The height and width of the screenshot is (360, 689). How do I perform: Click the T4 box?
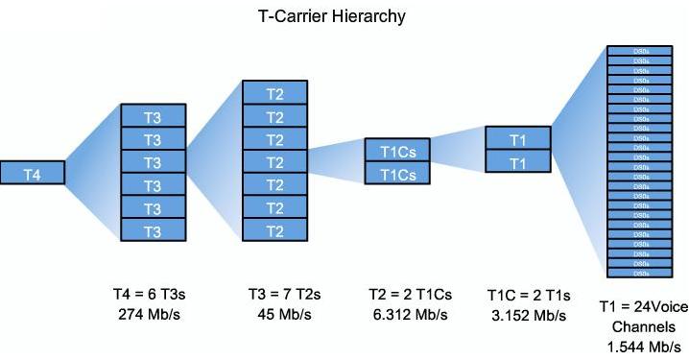(x=33, y=174)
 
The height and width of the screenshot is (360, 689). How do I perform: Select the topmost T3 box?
(x=152, y=117)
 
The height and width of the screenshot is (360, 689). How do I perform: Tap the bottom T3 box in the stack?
(x=152, y=231)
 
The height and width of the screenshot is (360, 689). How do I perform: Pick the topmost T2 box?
(x=274, y=93)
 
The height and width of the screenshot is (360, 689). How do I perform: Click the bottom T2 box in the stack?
(x=274, y=230)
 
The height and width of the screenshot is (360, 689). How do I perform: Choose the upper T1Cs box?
(x=396, y=150)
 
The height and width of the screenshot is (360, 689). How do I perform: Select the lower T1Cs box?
(x=396, y=173)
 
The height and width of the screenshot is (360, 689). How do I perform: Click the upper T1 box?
(x=518, y=139)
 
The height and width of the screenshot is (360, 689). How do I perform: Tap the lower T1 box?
(x=518, y=162)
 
